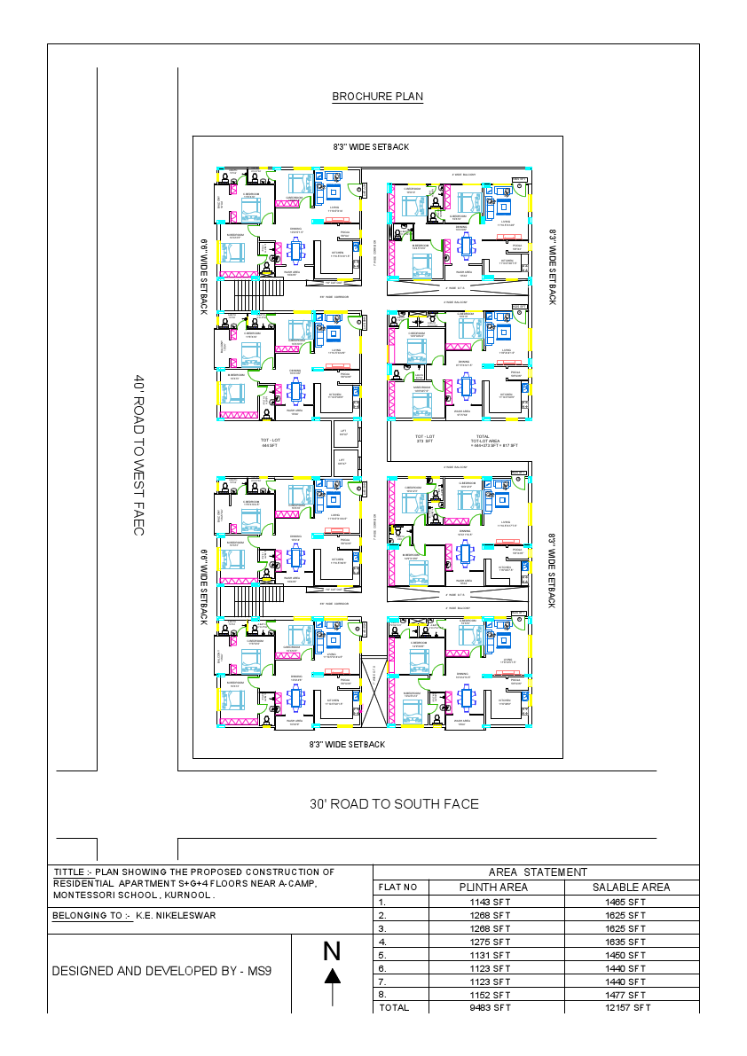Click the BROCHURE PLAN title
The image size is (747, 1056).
377,97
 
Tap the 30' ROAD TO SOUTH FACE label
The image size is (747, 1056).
394,804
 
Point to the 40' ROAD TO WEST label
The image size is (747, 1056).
138,455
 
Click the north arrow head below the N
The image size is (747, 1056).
332,976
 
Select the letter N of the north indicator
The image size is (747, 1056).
332,951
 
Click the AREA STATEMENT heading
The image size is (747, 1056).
538,872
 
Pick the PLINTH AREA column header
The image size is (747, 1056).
493,888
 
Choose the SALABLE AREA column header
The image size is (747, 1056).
631,888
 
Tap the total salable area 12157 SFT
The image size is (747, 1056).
629,1008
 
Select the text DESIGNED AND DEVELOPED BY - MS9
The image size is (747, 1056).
161,971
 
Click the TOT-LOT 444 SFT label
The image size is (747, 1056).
271,443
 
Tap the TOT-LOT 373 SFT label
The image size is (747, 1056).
425,439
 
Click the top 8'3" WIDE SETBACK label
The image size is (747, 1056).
371,146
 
